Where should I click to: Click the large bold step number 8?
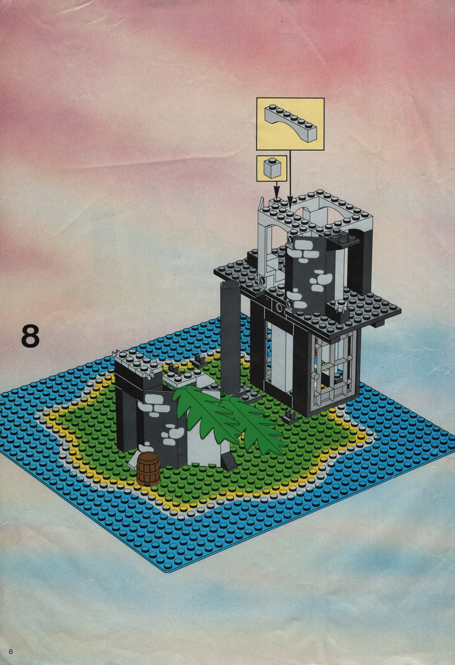point(30,336)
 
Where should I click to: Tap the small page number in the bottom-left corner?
point(11,651)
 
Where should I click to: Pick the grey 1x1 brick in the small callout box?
point(271,167)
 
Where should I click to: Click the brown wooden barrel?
point(148,468)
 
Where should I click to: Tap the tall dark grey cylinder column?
point(230,336)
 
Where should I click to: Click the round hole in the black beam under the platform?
point(279,306)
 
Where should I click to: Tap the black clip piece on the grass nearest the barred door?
point(291,417)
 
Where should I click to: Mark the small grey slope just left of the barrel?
point(135,459)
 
